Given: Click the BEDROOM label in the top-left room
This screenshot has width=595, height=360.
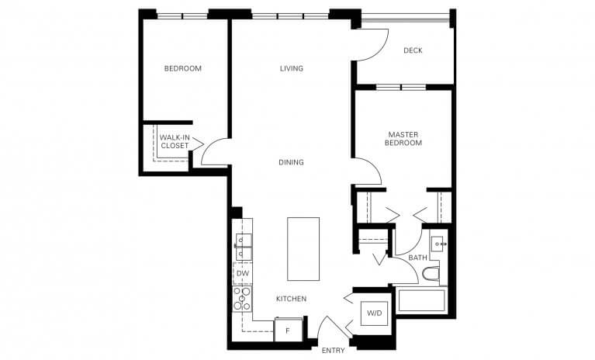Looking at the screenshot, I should [182, 68].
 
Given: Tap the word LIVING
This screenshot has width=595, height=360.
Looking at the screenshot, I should [291, 68].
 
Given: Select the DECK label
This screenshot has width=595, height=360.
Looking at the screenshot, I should [413, 51].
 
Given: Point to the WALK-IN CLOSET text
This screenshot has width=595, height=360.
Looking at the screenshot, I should [174, 141].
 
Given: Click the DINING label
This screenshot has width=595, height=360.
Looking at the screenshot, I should [291, 162].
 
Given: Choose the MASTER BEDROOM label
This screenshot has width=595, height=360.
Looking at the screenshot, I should [404, 139].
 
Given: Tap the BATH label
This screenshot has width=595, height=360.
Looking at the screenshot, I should [417, 258].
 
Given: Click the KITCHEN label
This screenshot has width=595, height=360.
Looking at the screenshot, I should [291, 299].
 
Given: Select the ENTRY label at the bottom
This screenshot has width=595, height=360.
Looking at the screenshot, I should [333, 351].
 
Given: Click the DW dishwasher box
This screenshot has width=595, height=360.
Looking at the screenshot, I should [243, 273].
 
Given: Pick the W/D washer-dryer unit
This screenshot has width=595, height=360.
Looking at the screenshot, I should [374, 313].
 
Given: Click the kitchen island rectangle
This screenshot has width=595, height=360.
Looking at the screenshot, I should [303, 248].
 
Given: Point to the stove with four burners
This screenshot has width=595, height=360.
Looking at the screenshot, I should [243, 299].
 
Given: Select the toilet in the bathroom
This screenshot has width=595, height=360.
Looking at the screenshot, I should [431, 274].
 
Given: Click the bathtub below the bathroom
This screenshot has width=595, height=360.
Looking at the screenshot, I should [421, 301].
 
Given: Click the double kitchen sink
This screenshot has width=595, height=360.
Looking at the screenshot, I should [243, 247].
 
